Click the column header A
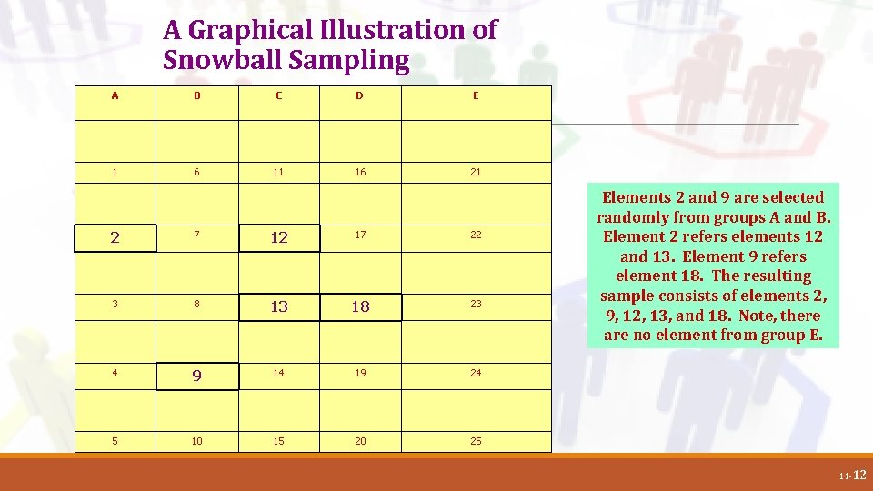[115, 95]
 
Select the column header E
[476, 95]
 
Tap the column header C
[278, 95]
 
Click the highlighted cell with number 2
[115, 237]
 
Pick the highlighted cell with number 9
[197, 376]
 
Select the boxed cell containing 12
[279, 237]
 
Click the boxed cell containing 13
[279, 306]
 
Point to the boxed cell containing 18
[361, 306]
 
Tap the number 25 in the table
[476, 441]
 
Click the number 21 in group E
[476, 172]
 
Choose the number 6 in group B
[197, 172]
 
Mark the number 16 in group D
[361, 172]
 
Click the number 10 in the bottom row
[197, 441]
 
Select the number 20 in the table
[361, 441]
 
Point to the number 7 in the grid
[197, 235]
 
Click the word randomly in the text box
[634, 217]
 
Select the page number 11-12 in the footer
[854, 475]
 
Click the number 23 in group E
[476, 304]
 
